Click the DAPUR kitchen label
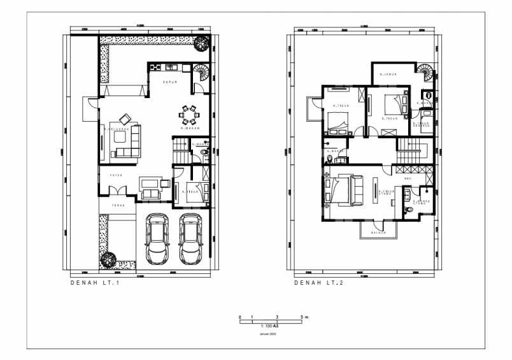click(169, 82)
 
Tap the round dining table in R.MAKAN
click(189, 114)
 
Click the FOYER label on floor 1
click(116, 175)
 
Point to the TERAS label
click(118, 205)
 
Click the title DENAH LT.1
click(95, 284)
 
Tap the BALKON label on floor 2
click(380, 233)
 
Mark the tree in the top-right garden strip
click(202, 43)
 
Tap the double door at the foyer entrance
click(117, 191)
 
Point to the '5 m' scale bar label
click(303, 317)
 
